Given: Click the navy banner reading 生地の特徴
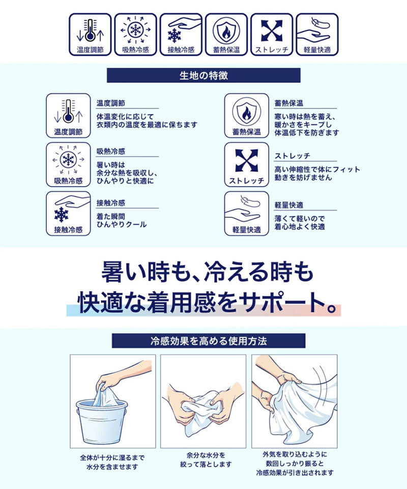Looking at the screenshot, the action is point(203,75).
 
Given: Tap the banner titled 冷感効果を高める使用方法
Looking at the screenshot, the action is point(209,341).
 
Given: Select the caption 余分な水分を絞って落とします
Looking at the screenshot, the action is point(206,459).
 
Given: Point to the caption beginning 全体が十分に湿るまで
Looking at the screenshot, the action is point(112,462).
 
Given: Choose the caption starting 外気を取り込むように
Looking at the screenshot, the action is point(295,463).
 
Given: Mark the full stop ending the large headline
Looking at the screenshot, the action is point(332,308).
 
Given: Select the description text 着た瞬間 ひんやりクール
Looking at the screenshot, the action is point(121,220).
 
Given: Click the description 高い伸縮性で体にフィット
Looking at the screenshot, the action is point(317,169).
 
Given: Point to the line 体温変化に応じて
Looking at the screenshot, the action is point(125,117).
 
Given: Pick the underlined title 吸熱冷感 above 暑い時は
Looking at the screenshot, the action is point(111,151).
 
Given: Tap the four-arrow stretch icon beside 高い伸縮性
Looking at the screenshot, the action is point(246,160).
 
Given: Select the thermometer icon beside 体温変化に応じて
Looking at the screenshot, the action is point(68,111).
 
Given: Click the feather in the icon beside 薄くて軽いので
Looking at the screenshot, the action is point(250,202).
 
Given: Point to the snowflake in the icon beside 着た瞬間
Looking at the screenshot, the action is point(61,215).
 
